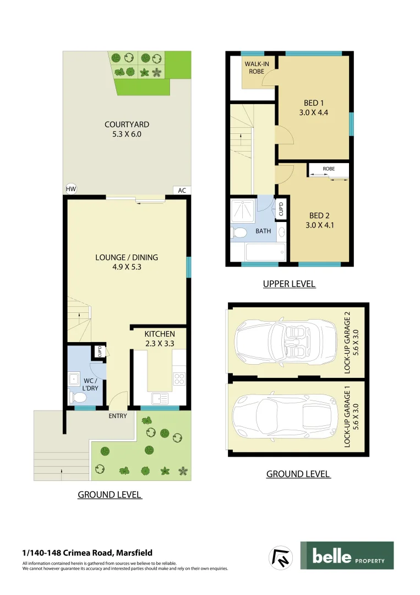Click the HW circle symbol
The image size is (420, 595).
point(70,189)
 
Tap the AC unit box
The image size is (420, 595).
point(182,190)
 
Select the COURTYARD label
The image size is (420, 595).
point(127,125)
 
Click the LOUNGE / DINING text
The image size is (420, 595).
point(127,257)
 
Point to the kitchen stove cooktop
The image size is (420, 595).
point(179,378)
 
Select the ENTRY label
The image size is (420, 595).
point(117,416)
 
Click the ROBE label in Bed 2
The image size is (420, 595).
point(329,169)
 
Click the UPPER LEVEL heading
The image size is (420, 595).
point(289,284)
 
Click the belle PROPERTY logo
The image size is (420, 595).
point(347,555)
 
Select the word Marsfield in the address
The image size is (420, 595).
point(134,553)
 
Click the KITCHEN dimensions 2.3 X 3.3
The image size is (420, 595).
point(160,343)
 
